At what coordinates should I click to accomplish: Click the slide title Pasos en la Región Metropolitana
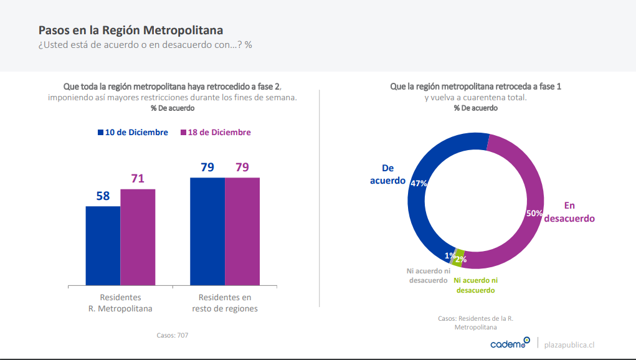click(x=131, y=30)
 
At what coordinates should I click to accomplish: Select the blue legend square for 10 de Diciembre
click(x=100, y=133)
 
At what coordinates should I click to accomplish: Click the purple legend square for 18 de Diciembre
click(x=183, y=133)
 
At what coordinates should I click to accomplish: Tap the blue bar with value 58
click(x=103, y=245)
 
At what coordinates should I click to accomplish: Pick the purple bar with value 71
click(x=138, y=237)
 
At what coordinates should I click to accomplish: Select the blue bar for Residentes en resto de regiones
click(x=207, y=231)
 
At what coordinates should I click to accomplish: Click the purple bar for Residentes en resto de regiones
click(x=242, y=231)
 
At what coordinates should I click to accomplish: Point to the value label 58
click(x=103, y=196)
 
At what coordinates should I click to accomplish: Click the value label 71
click(x=138, y=179)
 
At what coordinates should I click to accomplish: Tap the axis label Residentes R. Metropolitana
click(x=120, y=303)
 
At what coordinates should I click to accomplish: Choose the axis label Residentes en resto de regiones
click(x=225, y=303)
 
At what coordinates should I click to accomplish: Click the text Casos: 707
click(x=173, y=335)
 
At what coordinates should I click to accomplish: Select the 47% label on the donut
click(x=418, y=183)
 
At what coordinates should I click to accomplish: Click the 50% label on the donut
click(x=534, y=213)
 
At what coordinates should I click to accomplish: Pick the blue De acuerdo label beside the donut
click(x=387, y=174)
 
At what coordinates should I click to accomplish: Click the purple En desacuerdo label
click(x=569, y=212)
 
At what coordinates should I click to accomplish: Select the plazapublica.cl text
click(x=569, y=344)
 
